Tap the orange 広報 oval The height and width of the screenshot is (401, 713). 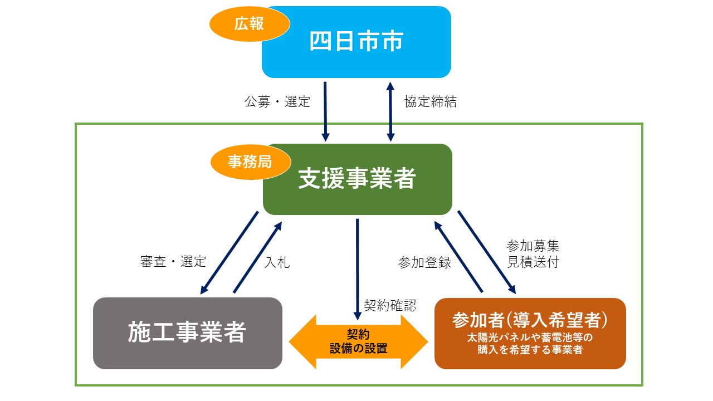(x=250, y=24)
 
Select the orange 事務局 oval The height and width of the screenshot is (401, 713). (x=251, y=162)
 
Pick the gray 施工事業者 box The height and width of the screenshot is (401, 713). (x=188, y=333)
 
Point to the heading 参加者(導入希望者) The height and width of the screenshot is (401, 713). (x=530, y=320)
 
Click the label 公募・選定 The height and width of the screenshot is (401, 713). (x=277, y=101)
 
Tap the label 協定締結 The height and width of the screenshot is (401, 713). (x=431, y=101)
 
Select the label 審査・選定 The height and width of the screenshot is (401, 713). (x=173, y=262)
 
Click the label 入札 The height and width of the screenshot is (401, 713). (x=277, y=262)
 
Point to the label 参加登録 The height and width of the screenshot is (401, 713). (x=424, y=262)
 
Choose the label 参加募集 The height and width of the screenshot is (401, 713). (x=533, y=246)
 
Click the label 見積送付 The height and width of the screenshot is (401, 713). (x=533, y=262)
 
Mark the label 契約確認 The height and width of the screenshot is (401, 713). (x=390, y=305)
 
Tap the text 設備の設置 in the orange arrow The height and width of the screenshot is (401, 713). (x=358, y=349)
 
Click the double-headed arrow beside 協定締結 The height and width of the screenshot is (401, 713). (x=390, y=112)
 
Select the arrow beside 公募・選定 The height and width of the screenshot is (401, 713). (x=325, y=112)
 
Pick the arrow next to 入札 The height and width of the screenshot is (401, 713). (x=257, y=257)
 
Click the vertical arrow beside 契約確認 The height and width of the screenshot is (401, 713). (x=358, y=269)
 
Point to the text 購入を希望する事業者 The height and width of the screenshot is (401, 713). (x=530, y=349)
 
